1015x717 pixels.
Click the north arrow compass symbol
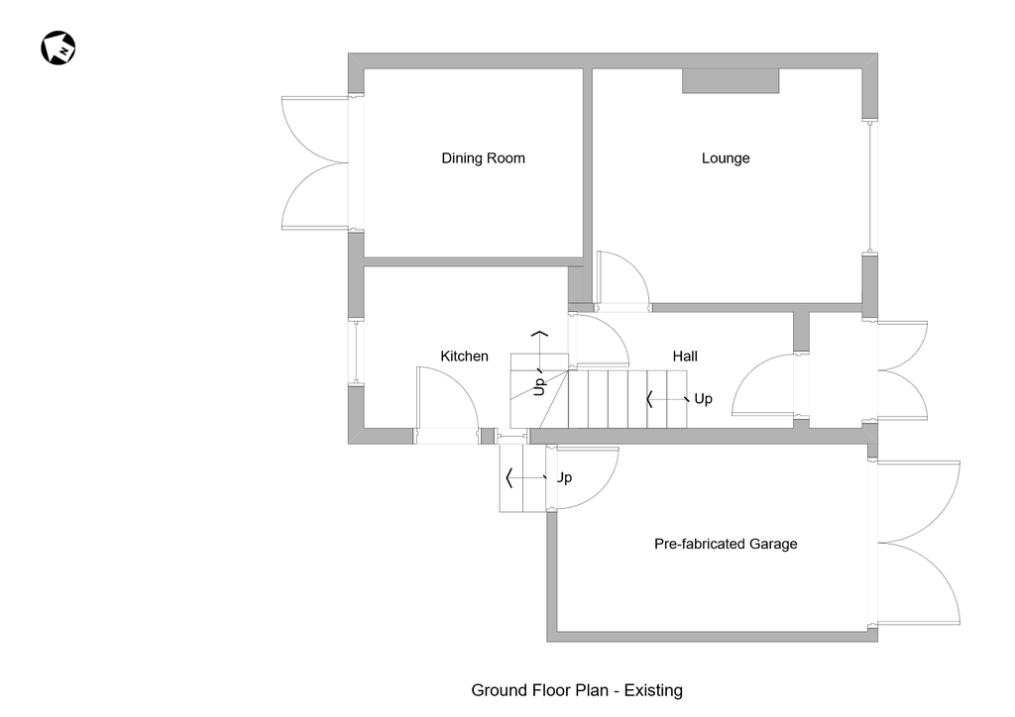tap(58, 48)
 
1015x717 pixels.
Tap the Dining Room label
tap(483, 158)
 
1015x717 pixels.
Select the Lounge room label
tap(726, 158)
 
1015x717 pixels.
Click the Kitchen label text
tap(464, 357)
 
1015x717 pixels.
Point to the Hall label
tap(685, 357)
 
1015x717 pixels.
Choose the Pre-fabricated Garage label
tap(726, 544)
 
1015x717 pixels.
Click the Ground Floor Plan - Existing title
tap(577, 690)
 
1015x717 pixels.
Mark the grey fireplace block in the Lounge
tap(731, 81)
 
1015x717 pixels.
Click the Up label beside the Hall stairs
tap(703, 399)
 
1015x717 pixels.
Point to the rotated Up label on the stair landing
tap(539, 385)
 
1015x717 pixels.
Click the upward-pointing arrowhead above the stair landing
tap(539, 334)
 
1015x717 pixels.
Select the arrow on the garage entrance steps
tap(526, 478)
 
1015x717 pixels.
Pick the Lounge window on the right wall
tap(870, 185)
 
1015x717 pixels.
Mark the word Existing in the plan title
tap(653, 690)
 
